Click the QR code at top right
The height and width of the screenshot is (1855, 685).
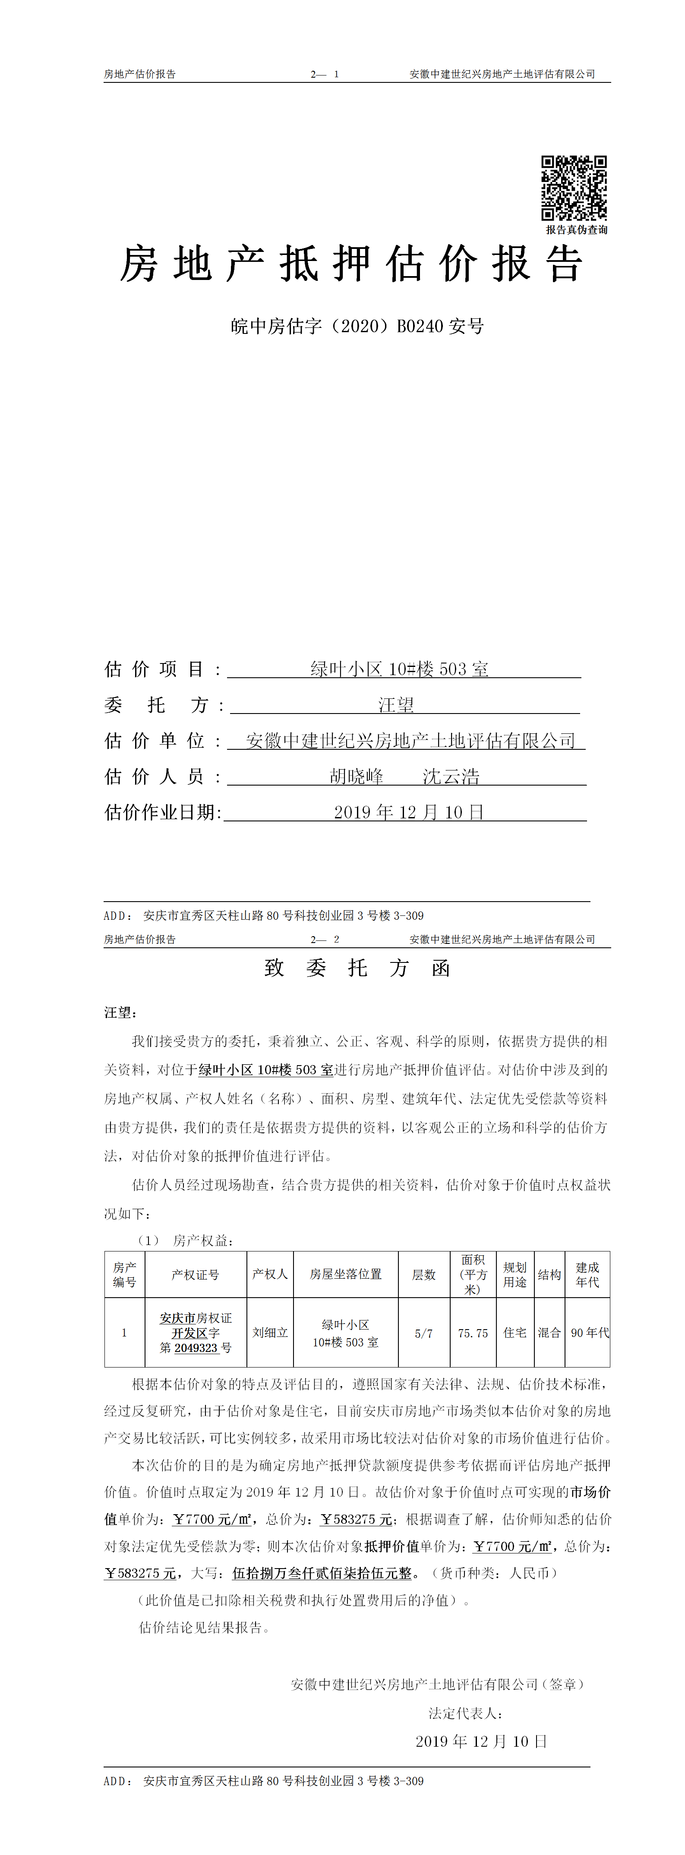click(x=574, y=188)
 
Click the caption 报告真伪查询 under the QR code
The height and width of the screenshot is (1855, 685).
click(x=576, y=230)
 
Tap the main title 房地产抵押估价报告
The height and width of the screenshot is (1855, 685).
click(x=351, y=264)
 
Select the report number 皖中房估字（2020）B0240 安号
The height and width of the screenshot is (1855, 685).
click(x=357, y=326)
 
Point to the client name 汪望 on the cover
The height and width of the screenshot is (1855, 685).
click(x=396, y=705)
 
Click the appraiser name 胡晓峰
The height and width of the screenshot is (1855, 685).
click(x=357, y=776)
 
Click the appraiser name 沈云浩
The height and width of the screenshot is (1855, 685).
click(x=451, y=776)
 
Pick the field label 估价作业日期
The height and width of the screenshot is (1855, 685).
click(x=162, y=812)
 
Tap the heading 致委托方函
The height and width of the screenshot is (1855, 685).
click(x=357, y=968)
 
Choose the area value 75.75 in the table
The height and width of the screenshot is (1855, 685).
click(x=473, y=1333)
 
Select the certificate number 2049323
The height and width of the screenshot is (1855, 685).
click(x=196, y=1347)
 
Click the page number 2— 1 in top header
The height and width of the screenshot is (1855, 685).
click(x=325, y=74)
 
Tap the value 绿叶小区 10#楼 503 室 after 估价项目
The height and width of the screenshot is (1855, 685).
click(x=400, y=669)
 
